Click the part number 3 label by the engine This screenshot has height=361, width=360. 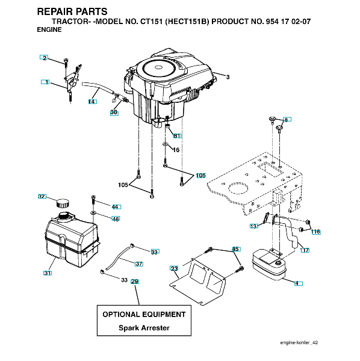point(228,77)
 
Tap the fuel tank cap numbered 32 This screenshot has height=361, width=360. point(63,203)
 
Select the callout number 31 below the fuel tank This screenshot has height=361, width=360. point(48,273)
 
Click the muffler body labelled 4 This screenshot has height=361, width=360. point(269,264)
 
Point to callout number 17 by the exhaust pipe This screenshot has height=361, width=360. point(305,250)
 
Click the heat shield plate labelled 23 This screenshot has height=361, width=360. point(197,281)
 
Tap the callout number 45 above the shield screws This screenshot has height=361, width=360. point(235,249)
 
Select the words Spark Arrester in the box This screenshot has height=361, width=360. point(144,328)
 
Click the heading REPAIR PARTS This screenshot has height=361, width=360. point(72,11)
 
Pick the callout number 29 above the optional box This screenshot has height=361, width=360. point(134,282)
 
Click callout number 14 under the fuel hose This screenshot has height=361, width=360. point(92,102)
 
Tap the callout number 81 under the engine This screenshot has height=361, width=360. point(177,136)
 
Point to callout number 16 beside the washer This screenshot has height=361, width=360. point(176,150)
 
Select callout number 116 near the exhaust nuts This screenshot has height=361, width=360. point(315,232)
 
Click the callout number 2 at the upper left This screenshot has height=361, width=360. point(45,58)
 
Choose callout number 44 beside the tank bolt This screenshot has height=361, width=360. point(115,207)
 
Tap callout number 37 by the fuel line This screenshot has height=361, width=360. point(139,264)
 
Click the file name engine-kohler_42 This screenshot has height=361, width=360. point(299,342)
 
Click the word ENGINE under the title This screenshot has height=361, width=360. point(49,29)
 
